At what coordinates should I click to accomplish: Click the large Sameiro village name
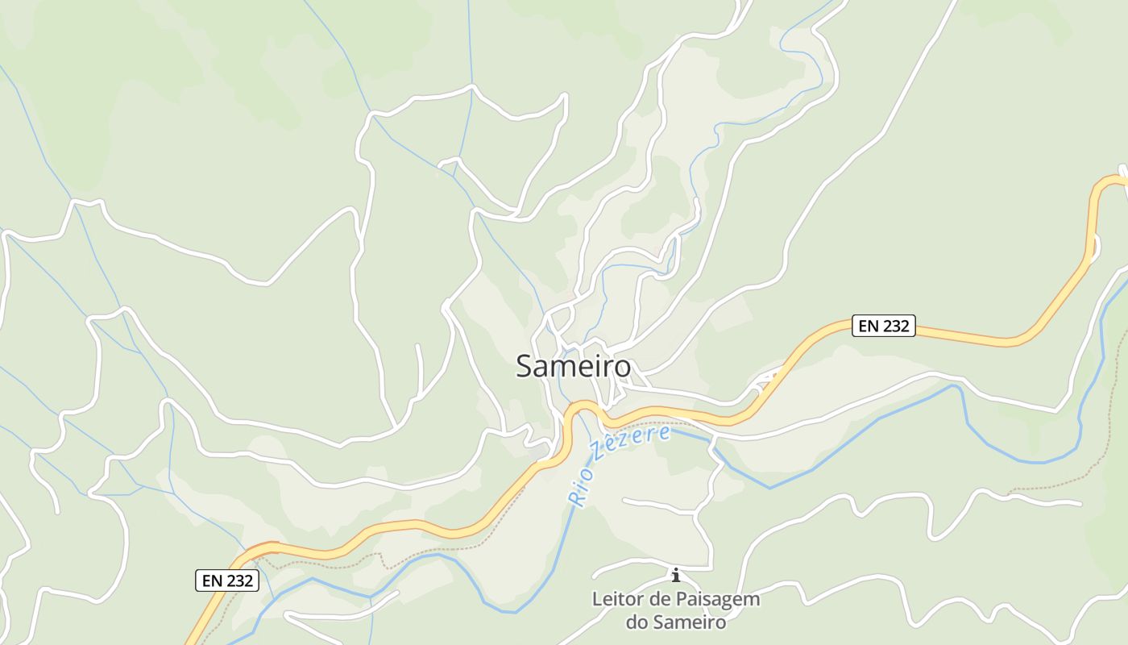click(573, 367)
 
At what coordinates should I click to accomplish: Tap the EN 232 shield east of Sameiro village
click(883, 326)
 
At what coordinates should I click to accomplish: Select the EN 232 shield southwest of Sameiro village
click(227, 580)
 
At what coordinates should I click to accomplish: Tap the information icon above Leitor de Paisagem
click(675, 575)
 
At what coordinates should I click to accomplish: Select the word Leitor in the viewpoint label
click(616, 600)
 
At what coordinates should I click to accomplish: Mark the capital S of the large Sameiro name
click(525, 367)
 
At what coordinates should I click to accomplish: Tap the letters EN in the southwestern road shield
click(212, 580)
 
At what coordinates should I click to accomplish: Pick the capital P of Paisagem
click(687, 600)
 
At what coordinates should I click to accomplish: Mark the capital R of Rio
click(574, 499)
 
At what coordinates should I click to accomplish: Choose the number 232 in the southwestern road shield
click(239, 580)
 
